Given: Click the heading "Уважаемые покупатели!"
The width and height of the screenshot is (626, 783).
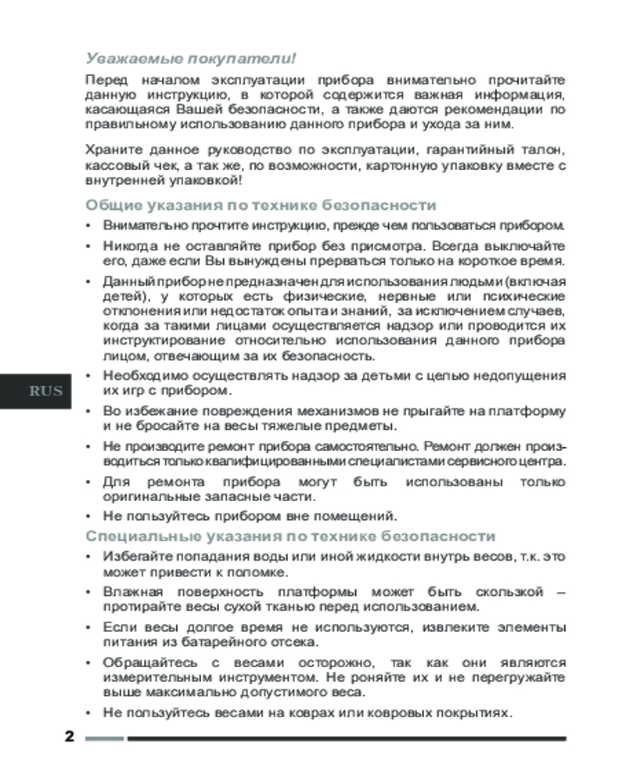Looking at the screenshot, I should [191, 58].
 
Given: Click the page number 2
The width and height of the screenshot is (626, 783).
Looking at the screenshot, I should [69, 738].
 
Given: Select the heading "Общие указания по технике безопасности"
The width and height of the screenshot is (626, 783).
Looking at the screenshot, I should [260, 205].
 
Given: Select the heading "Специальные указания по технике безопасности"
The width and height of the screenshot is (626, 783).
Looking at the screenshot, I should [290, 536].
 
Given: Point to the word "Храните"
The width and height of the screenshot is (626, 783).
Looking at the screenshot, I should [112, 149].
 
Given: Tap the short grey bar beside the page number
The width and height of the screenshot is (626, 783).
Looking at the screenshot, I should [104, 738].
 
